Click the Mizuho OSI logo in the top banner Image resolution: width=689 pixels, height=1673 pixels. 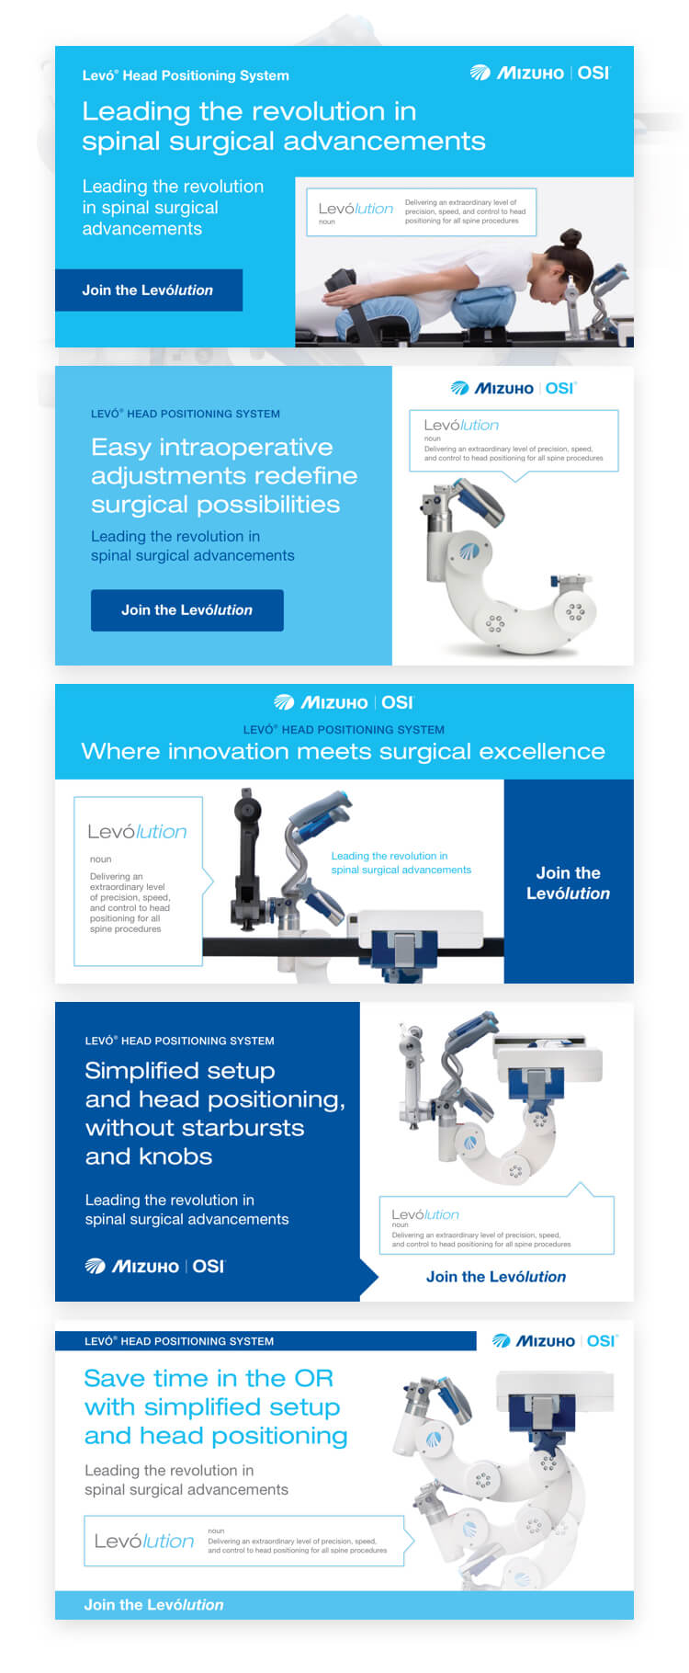(539, 73)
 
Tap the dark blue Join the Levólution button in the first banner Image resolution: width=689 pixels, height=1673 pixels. (149, 290)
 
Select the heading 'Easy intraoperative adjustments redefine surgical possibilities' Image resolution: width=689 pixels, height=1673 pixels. (224, 475)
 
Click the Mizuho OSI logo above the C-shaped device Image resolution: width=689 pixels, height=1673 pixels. (513, 388)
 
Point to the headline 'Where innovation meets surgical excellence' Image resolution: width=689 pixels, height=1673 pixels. (343, 751)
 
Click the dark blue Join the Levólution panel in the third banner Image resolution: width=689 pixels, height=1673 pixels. (569, 882)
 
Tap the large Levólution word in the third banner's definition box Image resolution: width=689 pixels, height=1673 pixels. (137, 831)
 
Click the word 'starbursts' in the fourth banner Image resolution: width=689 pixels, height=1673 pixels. (249, 1128)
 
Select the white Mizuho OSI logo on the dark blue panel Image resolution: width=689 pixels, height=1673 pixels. (154, 1266)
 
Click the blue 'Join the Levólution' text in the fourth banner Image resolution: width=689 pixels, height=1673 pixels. (496, 1276)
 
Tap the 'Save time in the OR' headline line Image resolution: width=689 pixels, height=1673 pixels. (209, 1378)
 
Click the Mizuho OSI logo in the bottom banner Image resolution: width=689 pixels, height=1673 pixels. (555, 1340)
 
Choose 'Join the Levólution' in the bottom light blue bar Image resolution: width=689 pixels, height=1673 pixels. (153, 1604)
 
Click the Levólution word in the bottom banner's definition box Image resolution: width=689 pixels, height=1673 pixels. (144, 1541)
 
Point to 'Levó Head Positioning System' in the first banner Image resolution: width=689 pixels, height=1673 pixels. (186, 75)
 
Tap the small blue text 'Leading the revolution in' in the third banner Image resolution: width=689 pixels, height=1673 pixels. (390, 856)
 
